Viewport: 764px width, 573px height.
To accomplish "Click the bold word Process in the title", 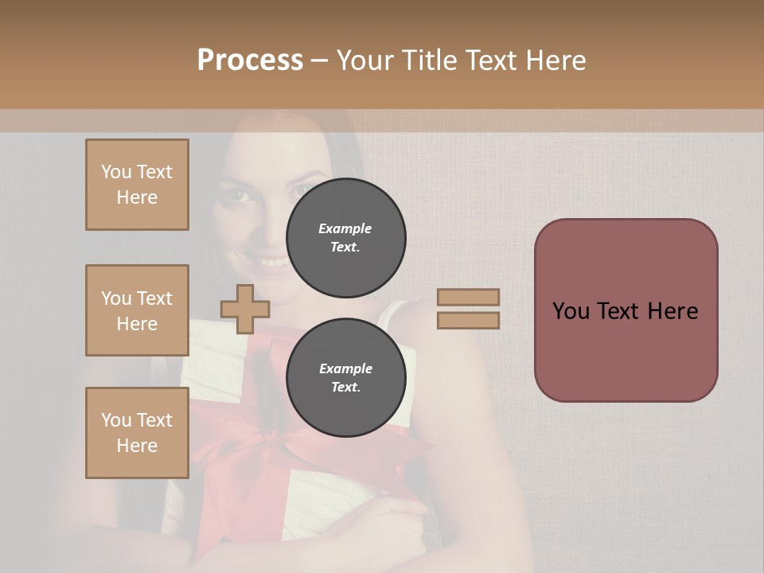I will pyautogui.click(x=250, y=60).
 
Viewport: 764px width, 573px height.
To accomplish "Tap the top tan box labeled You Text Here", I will pyautogui.click(x=137, y=185).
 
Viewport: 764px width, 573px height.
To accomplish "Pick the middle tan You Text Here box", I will pyautogui.click(x=137, y=310).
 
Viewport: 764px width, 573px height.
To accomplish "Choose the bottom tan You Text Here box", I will pyautogui.click(x=137, y=433).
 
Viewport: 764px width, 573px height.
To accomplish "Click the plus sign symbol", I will pyautogui.click(x=245, y=309).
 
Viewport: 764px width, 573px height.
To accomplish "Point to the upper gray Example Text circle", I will pyautogui.click(x=345, y=237).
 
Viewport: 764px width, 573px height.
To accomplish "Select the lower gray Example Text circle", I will pyautogui.click(x=345, y=377).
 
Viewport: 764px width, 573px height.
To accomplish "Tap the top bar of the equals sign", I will pyautogui.click(x=469, y=297).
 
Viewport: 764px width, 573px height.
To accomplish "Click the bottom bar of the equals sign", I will pyautogui.click(x=469, y=321).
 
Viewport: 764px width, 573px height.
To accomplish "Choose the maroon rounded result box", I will pyautogui.click(x=626, y=310).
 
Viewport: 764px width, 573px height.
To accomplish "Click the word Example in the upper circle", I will pyautogui.click(x=345, y=228).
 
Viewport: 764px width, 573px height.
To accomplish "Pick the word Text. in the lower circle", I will pyautogui.click(x=345, y=388).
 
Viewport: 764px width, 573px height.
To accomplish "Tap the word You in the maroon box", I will pyautogui.click(x=571, y=311).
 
